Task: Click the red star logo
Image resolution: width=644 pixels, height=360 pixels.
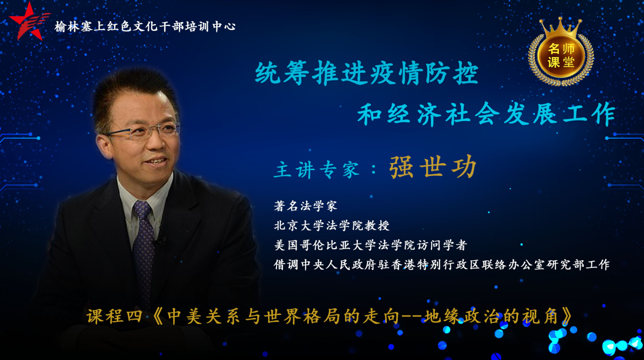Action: pyautogui.click(x=29, y=22)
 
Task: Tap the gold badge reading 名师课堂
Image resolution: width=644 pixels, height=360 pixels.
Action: pyautogui.click(x=561, y=55)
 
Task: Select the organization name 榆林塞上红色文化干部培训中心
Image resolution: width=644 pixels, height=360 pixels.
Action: pyautogui.click(x=145, y=26)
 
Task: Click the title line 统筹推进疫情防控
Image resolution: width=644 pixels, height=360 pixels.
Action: pyautogui.click(x=366, y=74)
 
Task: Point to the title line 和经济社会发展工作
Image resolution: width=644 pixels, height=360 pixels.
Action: pyautogui.click(x=487, y=114)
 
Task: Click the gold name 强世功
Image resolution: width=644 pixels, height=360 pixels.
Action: pyautogui.click(x=433, y=167)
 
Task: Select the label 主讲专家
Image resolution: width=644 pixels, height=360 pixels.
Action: pyautogui.click(x=317, y=170)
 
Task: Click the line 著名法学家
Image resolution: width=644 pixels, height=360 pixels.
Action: pyautogui.click(x=306, y=206)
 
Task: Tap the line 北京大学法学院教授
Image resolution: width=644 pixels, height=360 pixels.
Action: pyautogui.click(x=332, y=225)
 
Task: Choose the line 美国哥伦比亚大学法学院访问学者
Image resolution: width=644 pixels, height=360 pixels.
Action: pyautogui.click(x=371, y=245)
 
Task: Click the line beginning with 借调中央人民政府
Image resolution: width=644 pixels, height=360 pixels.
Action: pyautogui.click(x=442, y=264)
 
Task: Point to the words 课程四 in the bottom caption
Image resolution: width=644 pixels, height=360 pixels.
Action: pyautogui.click(x=114, y=316)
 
